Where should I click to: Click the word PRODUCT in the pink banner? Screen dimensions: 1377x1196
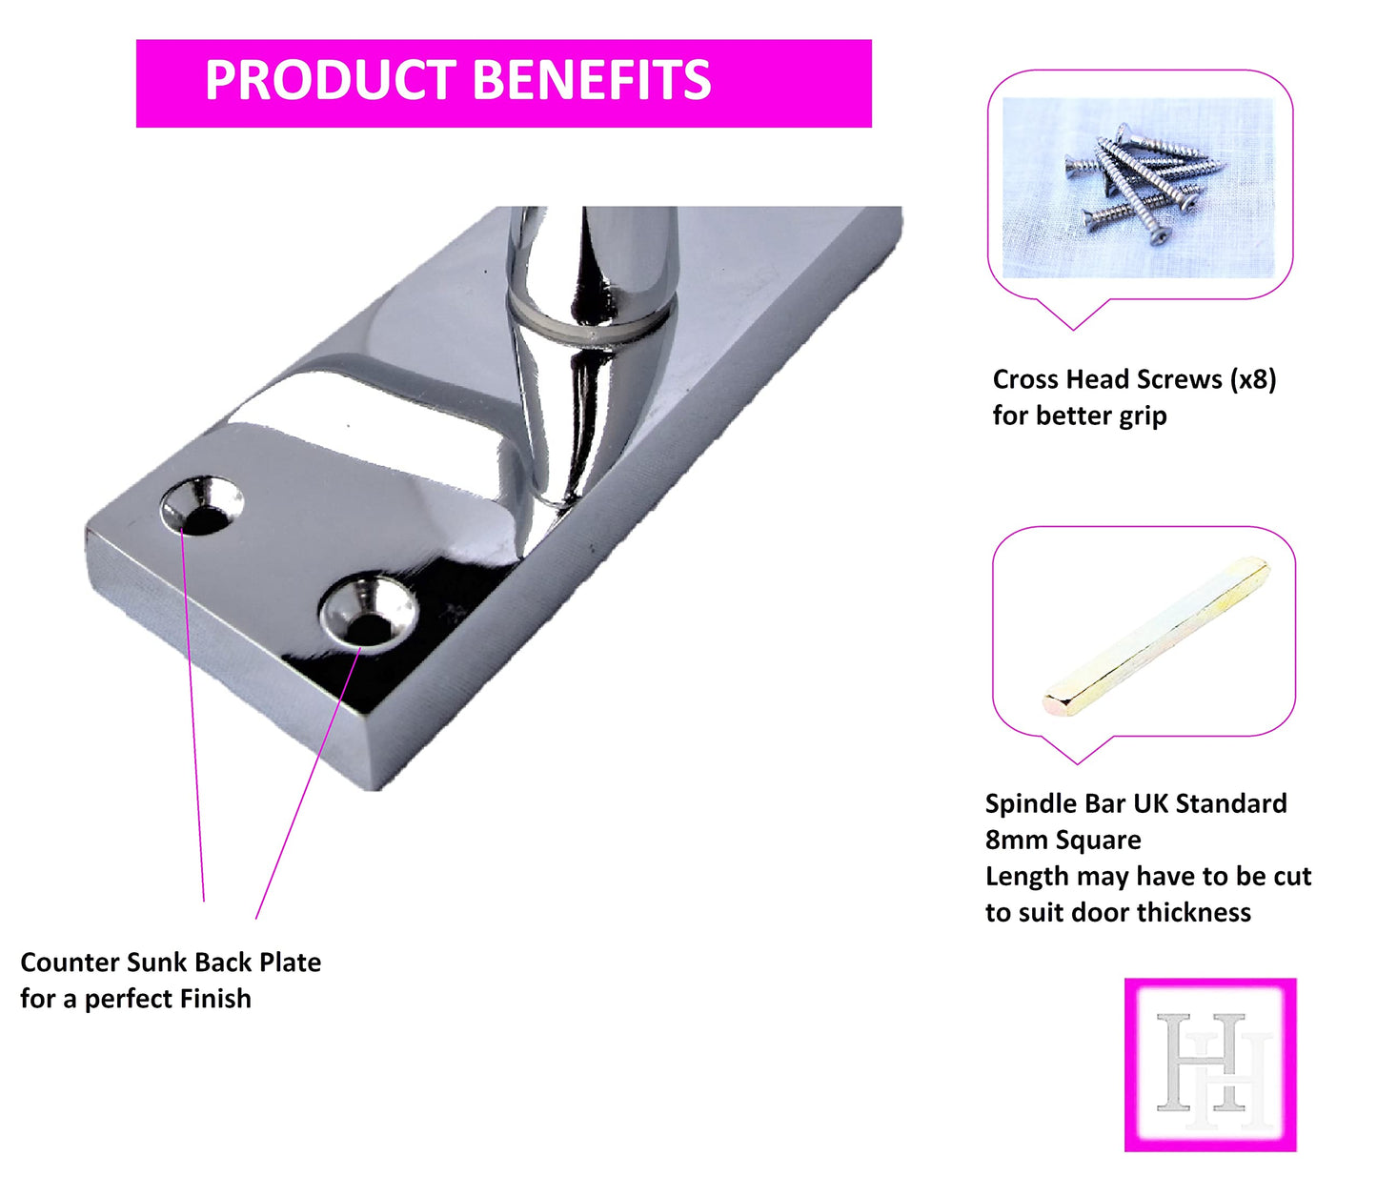click(331, 80)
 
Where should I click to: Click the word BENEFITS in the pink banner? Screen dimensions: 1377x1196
click(593, 80)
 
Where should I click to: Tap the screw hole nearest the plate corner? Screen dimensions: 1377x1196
click(202, 505)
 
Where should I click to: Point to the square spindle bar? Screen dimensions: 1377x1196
click(1156, 636)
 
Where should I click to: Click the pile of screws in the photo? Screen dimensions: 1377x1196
click(1144, 182)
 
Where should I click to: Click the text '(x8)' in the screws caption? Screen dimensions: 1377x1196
click(1253, 379)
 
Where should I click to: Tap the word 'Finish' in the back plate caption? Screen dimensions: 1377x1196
click(215, 999)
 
